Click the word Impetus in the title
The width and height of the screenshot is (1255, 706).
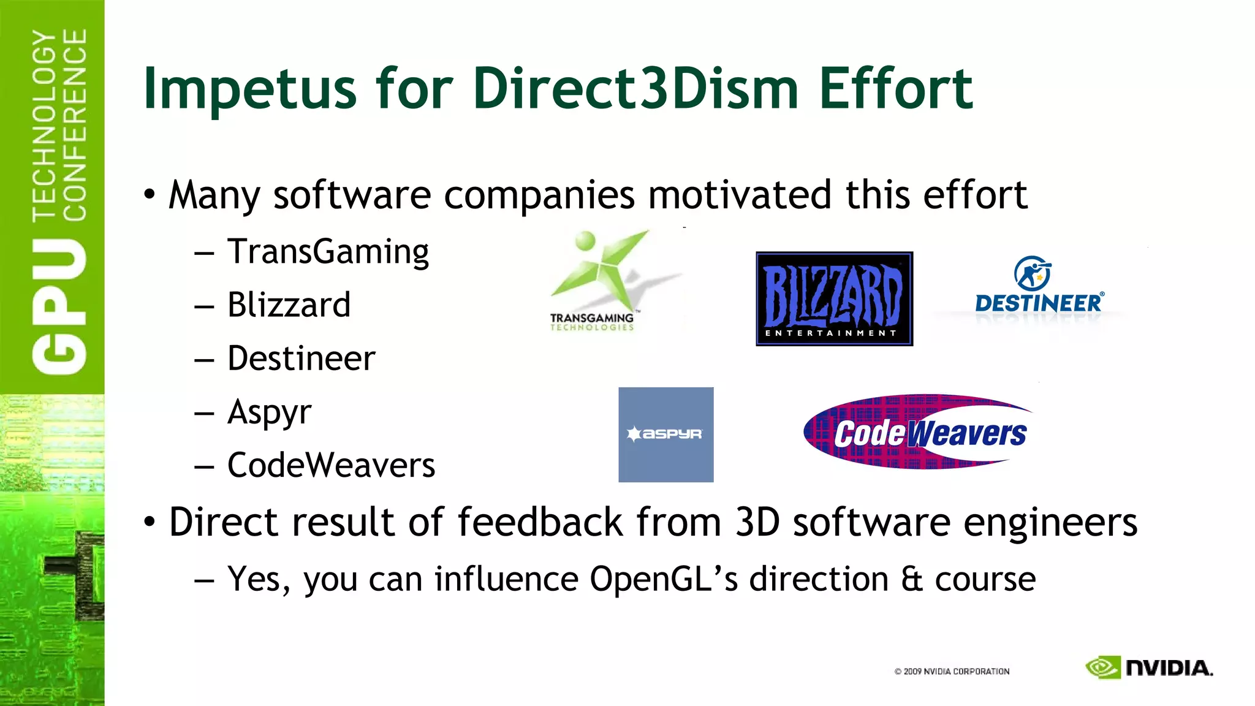pyautogui.click(x=249, y=89)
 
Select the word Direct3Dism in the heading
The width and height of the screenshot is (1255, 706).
pyautogui.click(x=635, y=88)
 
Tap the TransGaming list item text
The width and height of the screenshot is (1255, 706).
pyautogui.click(x=328, y=252)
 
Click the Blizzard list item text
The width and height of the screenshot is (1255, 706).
pyautogui.click(x=289, y=305)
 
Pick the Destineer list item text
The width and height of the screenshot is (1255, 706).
pyautogui.click(x=301, y=359)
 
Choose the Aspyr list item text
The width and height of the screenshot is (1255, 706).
pyautogui.click(x=269, y=412)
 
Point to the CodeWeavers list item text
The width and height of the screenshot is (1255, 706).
pyautogui.click(x=331, y=465)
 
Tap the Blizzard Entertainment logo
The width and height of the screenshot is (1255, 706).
pyautogui.click(x=834, y=298)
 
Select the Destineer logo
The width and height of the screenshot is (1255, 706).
pyautogui.click(x=1039, y=286)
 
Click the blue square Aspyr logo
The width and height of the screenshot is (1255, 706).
pyautogui.click(x=665, y=434)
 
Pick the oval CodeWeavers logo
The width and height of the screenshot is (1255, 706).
pyautogui.click(x=917, y=432)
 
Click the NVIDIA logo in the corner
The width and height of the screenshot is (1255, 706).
pyautogui.click(x=1149, y=667)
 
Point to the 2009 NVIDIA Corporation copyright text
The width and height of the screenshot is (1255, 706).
pyautogui.click(x=952, y=672)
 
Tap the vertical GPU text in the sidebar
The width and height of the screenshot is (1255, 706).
pyautogui.click(x=59, y=306)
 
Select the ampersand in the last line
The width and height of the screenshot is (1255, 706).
pyautogui.click(x=912, y=579)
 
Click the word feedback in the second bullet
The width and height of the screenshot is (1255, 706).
pyautogui.click(x=540, y=522)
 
